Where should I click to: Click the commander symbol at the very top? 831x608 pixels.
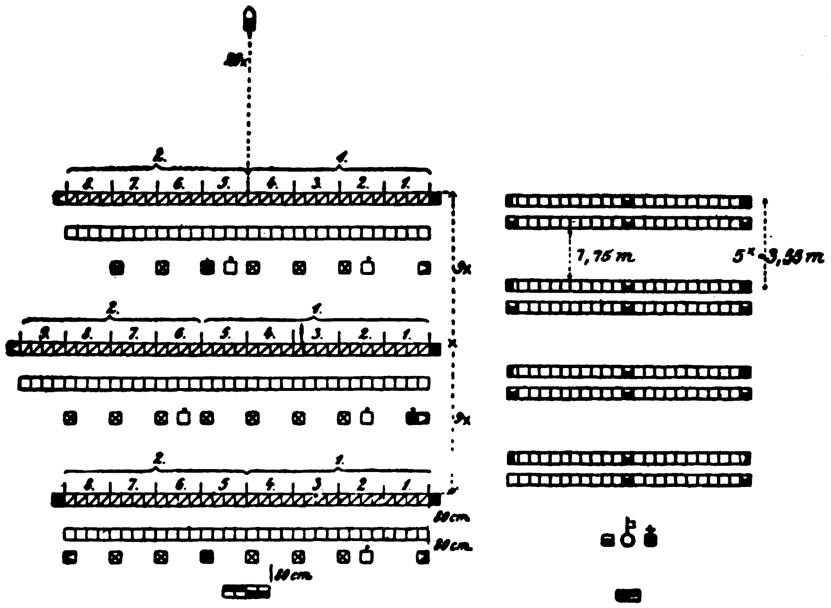coord(249,20)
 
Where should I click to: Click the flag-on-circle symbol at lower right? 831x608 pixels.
coord(628,536)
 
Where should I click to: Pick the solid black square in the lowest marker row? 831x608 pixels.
coord(207,557)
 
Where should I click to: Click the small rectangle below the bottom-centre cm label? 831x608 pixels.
coord(246,591)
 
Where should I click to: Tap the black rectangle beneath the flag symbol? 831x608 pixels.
coord(628,596)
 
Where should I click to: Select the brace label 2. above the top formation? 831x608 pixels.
coord(158,158)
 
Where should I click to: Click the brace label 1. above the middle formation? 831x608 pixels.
coord(317,310)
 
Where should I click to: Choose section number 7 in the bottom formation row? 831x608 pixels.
coord(133,485)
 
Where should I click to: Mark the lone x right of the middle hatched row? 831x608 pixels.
coord(452,344)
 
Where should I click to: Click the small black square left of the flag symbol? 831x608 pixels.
coord(607,541)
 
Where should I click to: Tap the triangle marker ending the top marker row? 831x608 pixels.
coord(424,268)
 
